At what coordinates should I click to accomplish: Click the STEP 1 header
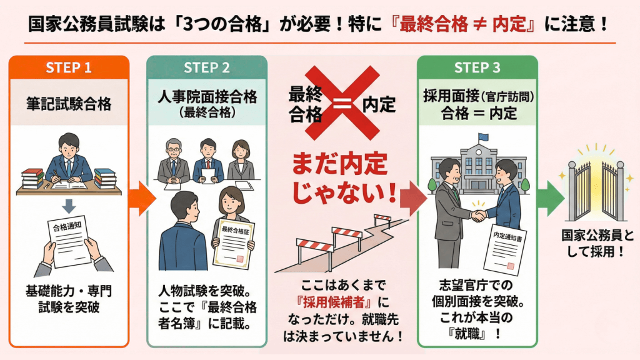point(69,67)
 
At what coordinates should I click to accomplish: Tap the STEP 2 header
point(206,67)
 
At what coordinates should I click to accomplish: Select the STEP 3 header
point(477,67)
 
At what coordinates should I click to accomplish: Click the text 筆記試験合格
point(69,104)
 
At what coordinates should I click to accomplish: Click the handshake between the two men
point(479,216)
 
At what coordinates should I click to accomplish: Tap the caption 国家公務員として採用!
point(595,244)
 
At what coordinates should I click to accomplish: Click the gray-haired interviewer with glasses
point(173,159)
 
